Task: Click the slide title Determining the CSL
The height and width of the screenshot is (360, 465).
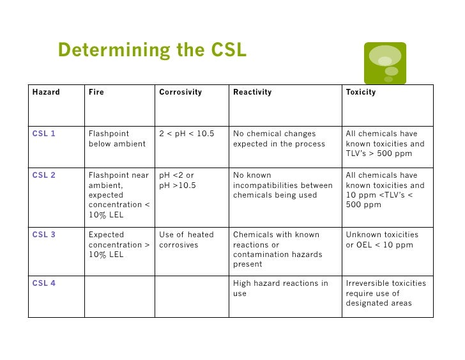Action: pos(151,50)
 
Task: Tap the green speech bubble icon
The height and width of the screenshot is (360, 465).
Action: pos(385,63)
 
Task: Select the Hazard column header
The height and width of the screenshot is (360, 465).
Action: pos(46,92)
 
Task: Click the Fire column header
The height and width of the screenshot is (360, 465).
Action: pos(96,92)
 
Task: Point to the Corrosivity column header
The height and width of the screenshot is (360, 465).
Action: pos(180,92)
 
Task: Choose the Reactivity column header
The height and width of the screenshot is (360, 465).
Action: pos(252,92)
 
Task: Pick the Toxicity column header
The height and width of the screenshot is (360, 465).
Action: pos(361,92)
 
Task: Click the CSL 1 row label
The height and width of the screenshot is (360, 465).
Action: pos(44,134)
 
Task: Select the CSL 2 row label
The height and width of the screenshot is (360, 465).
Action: pos(44,175)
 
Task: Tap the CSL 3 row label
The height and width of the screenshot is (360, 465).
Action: pos(44,235)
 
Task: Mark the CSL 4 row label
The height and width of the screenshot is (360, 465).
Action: pos(44,283)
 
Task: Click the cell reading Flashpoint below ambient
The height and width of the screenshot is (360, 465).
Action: pos(118,139)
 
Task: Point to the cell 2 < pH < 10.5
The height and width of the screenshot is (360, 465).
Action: pos(187,134)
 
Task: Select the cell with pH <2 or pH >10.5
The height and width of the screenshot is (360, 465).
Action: pos(177,180)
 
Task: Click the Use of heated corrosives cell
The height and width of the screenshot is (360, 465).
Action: pos(187,240)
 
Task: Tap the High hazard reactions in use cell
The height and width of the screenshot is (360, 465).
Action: pos(280,288)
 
